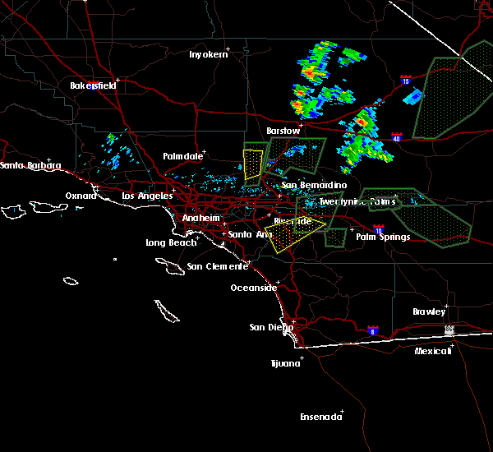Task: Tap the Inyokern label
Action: tap(207, 54)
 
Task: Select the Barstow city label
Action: tap(283, 131)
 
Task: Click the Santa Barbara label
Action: tap(30, 166)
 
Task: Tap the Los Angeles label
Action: tap(147, 196)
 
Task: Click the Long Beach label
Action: tap(171, 242)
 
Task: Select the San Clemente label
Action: tap(217, 266)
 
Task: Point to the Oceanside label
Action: tap(253, 288)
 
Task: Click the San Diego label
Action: tap(270, 327)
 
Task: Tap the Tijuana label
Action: tap(285, 362)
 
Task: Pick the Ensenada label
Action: tap(321, 417)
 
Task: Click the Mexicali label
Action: tap(433, 351)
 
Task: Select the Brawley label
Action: tap(430, 311)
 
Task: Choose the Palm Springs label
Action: tap(382, 238)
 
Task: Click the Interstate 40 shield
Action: tap(397, 137)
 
